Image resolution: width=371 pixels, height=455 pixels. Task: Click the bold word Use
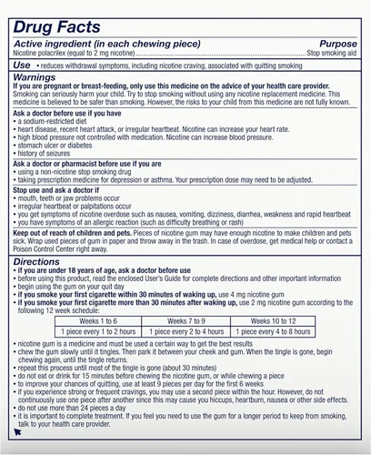pos(25,66)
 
